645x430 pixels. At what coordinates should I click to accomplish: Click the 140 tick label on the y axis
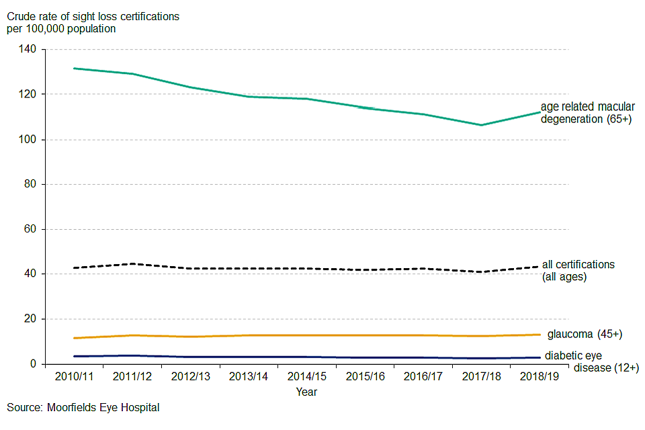(x=29, y=50)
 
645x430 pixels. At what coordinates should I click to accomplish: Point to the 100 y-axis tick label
(x=29, y=140)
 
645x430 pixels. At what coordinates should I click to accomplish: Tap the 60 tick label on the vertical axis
(x=32, y=229)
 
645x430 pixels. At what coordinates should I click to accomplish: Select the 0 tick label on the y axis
(x=34, y=364)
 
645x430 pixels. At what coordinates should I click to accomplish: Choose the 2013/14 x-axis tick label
(x=248, y=376)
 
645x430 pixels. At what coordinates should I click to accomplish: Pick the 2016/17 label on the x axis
(x=423, y=376)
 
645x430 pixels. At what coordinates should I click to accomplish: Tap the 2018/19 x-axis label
(x=539, y=376)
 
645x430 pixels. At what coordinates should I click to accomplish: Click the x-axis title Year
(x=306, y=392)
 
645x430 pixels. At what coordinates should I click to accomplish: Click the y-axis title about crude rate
(x=93, y=22)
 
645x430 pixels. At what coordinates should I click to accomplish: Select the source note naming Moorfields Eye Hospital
(x=83, y=407)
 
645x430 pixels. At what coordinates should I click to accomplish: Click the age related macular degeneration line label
(x=588, y=113)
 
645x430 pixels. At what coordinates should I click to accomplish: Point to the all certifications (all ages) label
(x=578, y=270)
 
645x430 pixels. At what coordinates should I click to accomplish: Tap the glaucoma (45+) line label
(x=585, y=334)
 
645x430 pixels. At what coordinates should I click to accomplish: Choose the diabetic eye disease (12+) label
(x=591, y=361)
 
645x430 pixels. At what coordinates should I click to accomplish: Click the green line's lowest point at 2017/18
(x=481, y=125)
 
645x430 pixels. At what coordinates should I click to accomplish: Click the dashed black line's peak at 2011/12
(x=132, y=263)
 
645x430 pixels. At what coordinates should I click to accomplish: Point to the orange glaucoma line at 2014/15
(x=306, y=335)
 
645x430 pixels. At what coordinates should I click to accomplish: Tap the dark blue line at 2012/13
(x=190, y=357)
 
